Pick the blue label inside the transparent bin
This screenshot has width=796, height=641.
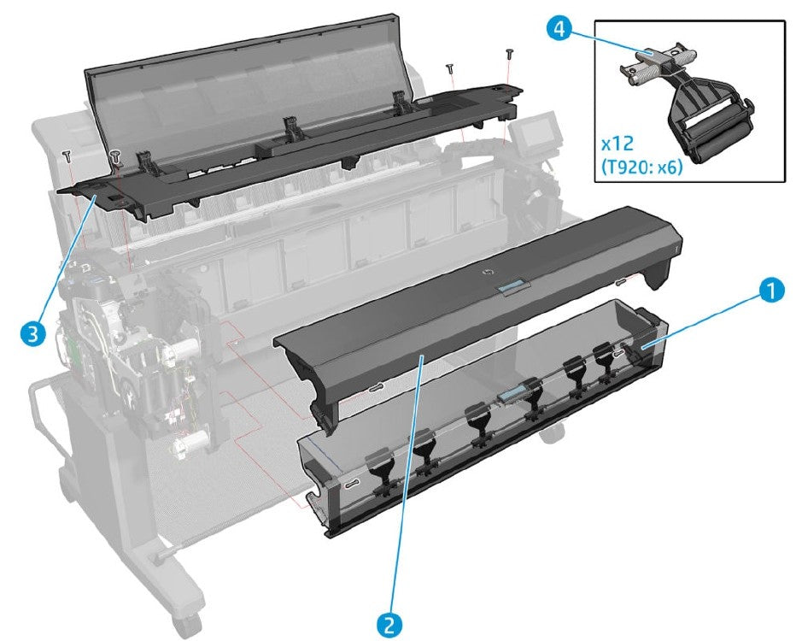point(512,394)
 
